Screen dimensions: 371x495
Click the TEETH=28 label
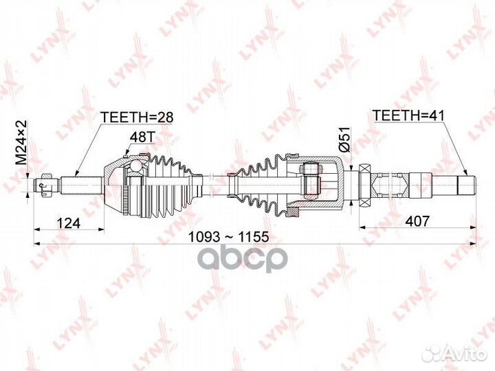pyautogui.click(x=137, y=117)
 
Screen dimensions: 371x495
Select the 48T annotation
pyautogui.click(x=142, y=137)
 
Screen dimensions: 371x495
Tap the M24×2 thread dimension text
pyautogui.click(x=21, y=142)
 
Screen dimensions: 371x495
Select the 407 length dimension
pyautogui.click(x=417, y=221)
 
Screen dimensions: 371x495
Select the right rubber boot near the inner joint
pyautogui.click(x=261, y=185)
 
